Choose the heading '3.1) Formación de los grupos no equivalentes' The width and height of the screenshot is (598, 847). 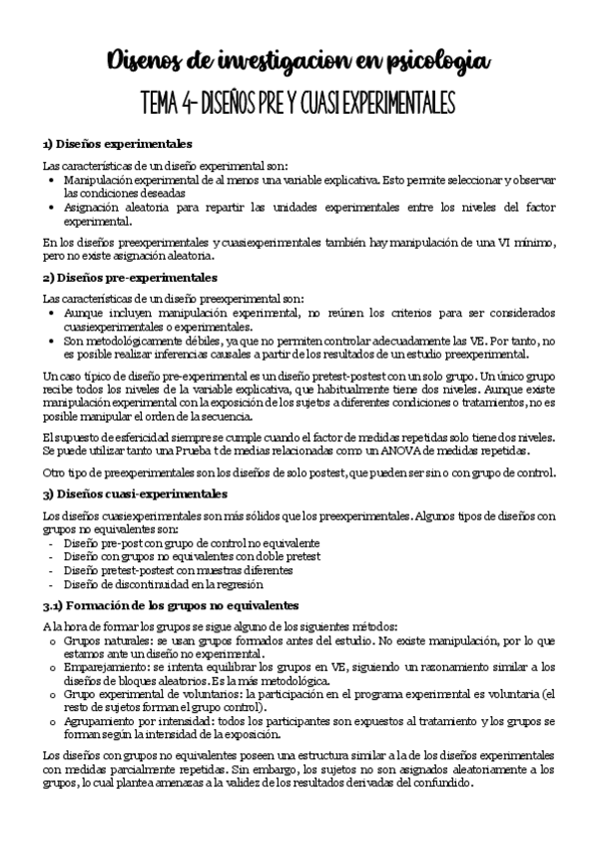[170, 604]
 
